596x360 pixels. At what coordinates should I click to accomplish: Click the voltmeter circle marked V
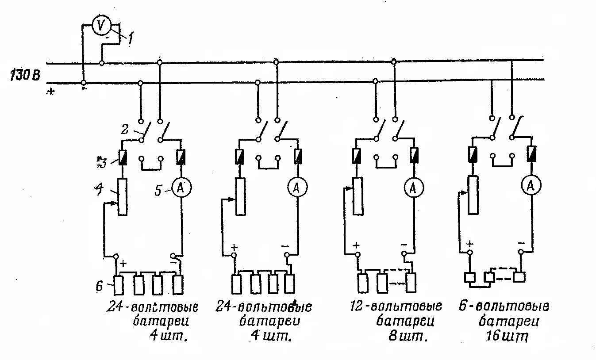(x=101, y=26)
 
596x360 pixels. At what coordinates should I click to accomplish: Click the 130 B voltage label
(x=24, y=75)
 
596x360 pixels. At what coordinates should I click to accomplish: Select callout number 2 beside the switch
(x=126, y=129)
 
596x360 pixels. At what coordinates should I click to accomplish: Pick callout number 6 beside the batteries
(x=100, y=286)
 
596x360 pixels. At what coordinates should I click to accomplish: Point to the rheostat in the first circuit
(x=123, y=197)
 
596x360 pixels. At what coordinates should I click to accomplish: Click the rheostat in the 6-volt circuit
(x=473, y=195)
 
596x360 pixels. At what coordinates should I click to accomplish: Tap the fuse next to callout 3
(x=123, y=157)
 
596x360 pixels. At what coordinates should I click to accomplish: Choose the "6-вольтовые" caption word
(x=509, y=306)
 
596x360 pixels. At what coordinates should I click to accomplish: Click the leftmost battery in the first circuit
(x=119, y=285)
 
